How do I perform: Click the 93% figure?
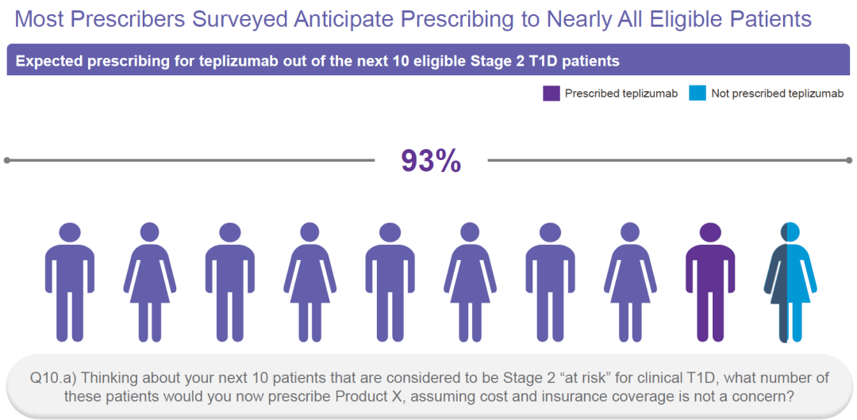pyautogui.click(x=431, y=161)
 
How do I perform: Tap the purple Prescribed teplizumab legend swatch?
pyautogui.click(x=551, y=94)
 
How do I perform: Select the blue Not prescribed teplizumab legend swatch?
pyautogui.click(x=698, y=94)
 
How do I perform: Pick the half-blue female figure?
pyautogui.click(x=790, y=282)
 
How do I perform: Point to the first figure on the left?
pyautogui.click(x=70, y=282)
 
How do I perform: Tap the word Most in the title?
pyautogui.click(x=40, y=19)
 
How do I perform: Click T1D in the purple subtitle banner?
pyautogui.click(x=545, y=60)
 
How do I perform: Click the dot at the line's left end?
pyautogui.click(x=6, y=160)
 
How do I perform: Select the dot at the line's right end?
pyautogui.click(x=850, y=160)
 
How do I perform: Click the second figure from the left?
pyautogui.click(x=150, y=282)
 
